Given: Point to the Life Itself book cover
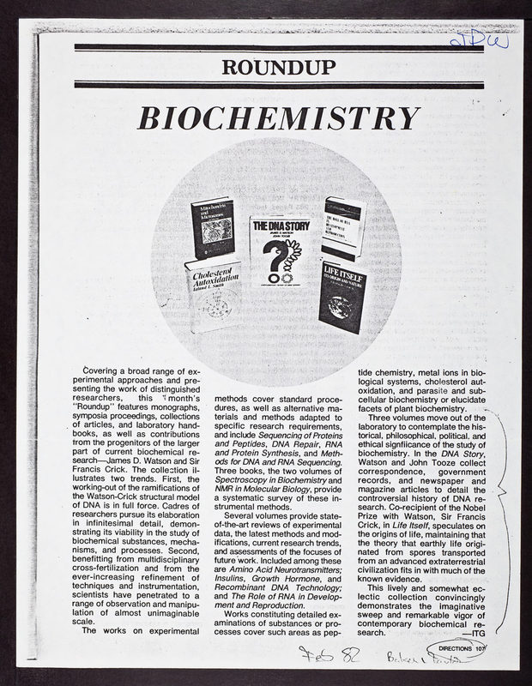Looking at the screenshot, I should tap(344, 297).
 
